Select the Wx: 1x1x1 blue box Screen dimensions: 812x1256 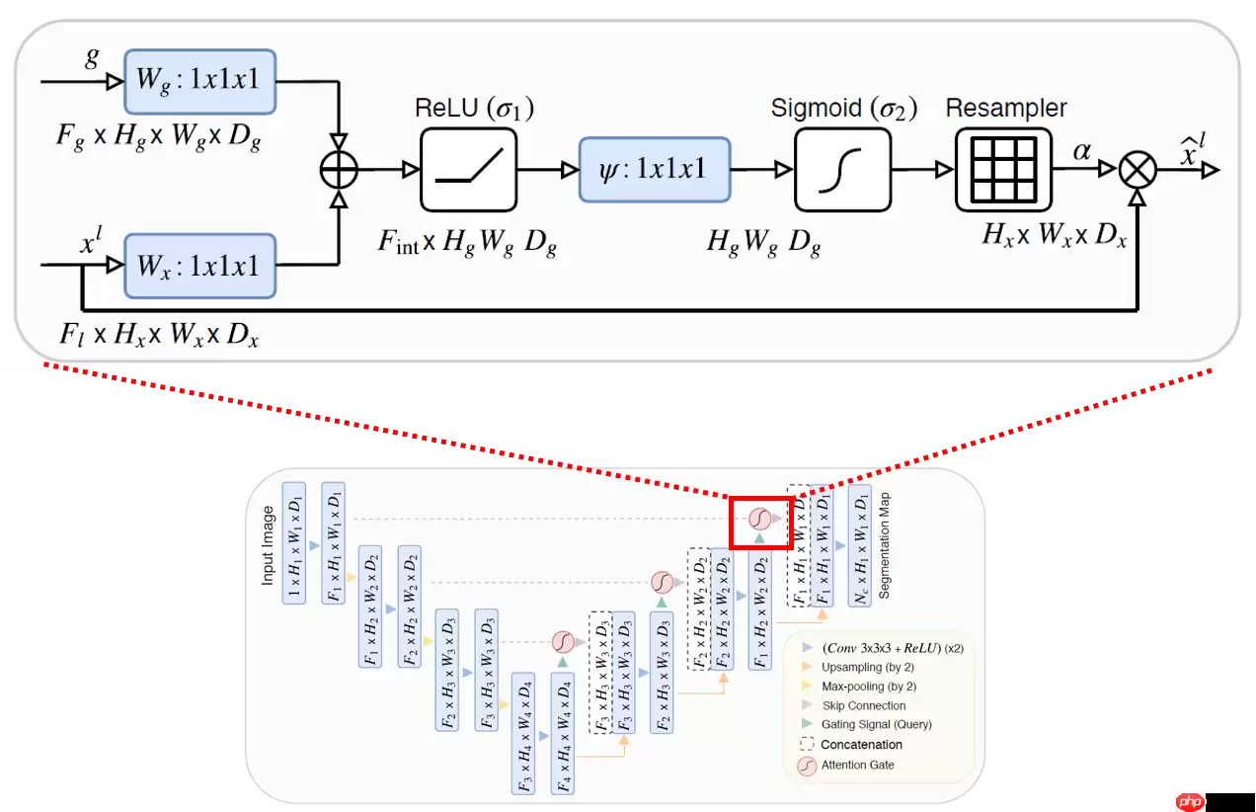coord(199,266)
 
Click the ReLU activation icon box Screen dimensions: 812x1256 coord(469,170)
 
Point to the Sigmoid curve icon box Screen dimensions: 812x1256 coord(842,170)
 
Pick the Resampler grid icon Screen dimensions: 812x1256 coord(1003,170)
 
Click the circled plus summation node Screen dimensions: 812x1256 coord(340,170)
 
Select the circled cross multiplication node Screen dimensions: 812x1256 coord(1138,170)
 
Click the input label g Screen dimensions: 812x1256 coord(92,56)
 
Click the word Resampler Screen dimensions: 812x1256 coord(1006,109)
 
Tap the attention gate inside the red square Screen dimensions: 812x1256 coord(759,518)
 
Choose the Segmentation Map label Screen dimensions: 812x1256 coord(885,544)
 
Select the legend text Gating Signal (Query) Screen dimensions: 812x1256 coord(876,724)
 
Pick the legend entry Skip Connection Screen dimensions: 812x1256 coord(863,705)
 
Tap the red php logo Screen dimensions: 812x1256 coord(1190,800)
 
